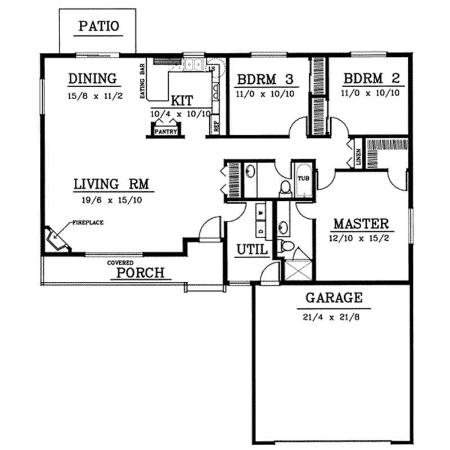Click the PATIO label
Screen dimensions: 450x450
click(98, 25)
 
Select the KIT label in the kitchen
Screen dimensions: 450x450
click(182, 101)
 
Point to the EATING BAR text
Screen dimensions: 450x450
click(142, 81)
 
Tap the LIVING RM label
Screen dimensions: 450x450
click(106, 184)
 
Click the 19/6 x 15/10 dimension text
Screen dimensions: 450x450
click(107, 199)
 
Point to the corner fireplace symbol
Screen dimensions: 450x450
click(56, 238)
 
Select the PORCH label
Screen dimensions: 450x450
click(140, 273)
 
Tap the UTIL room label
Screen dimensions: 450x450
click(251, 249)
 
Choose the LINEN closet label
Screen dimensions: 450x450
click(358, 156)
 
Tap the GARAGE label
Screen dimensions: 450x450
click(334, 298)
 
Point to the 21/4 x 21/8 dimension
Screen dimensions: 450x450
click(334, 317)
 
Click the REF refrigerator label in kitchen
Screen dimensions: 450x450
click(217, 126)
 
